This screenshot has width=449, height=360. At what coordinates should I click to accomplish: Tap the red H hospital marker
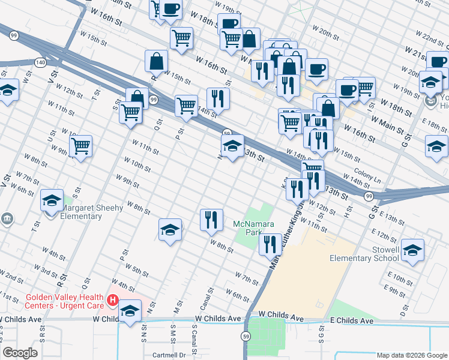(112, 299)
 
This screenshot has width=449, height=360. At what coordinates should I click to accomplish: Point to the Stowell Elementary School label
(364, 254)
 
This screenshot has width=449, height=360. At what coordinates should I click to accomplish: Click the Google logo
(20, 353)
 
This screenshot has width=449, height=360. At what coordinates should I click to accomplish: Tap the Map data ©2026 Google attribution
(412, 355)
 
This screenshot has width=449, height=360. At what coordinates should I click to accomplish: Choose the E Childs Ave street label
(352, 321)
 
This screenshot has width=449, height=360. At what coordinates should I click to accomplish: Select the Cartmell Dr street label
(170, 355)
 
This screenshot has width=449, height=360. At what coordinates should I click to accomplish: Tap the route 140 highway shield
(40, 62)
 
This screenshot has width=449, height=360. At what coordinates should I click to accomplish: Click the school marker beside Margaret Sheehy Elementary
(52, 200)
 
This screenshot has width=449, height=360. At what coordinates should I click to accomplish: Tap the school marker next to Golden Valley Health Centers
(129, 311)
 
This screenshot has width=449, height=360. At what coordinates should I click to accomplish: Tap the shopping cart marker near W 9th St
(80, 146)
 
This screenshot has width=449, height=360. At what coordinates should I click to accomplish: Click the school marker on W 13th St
(232, 146)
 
